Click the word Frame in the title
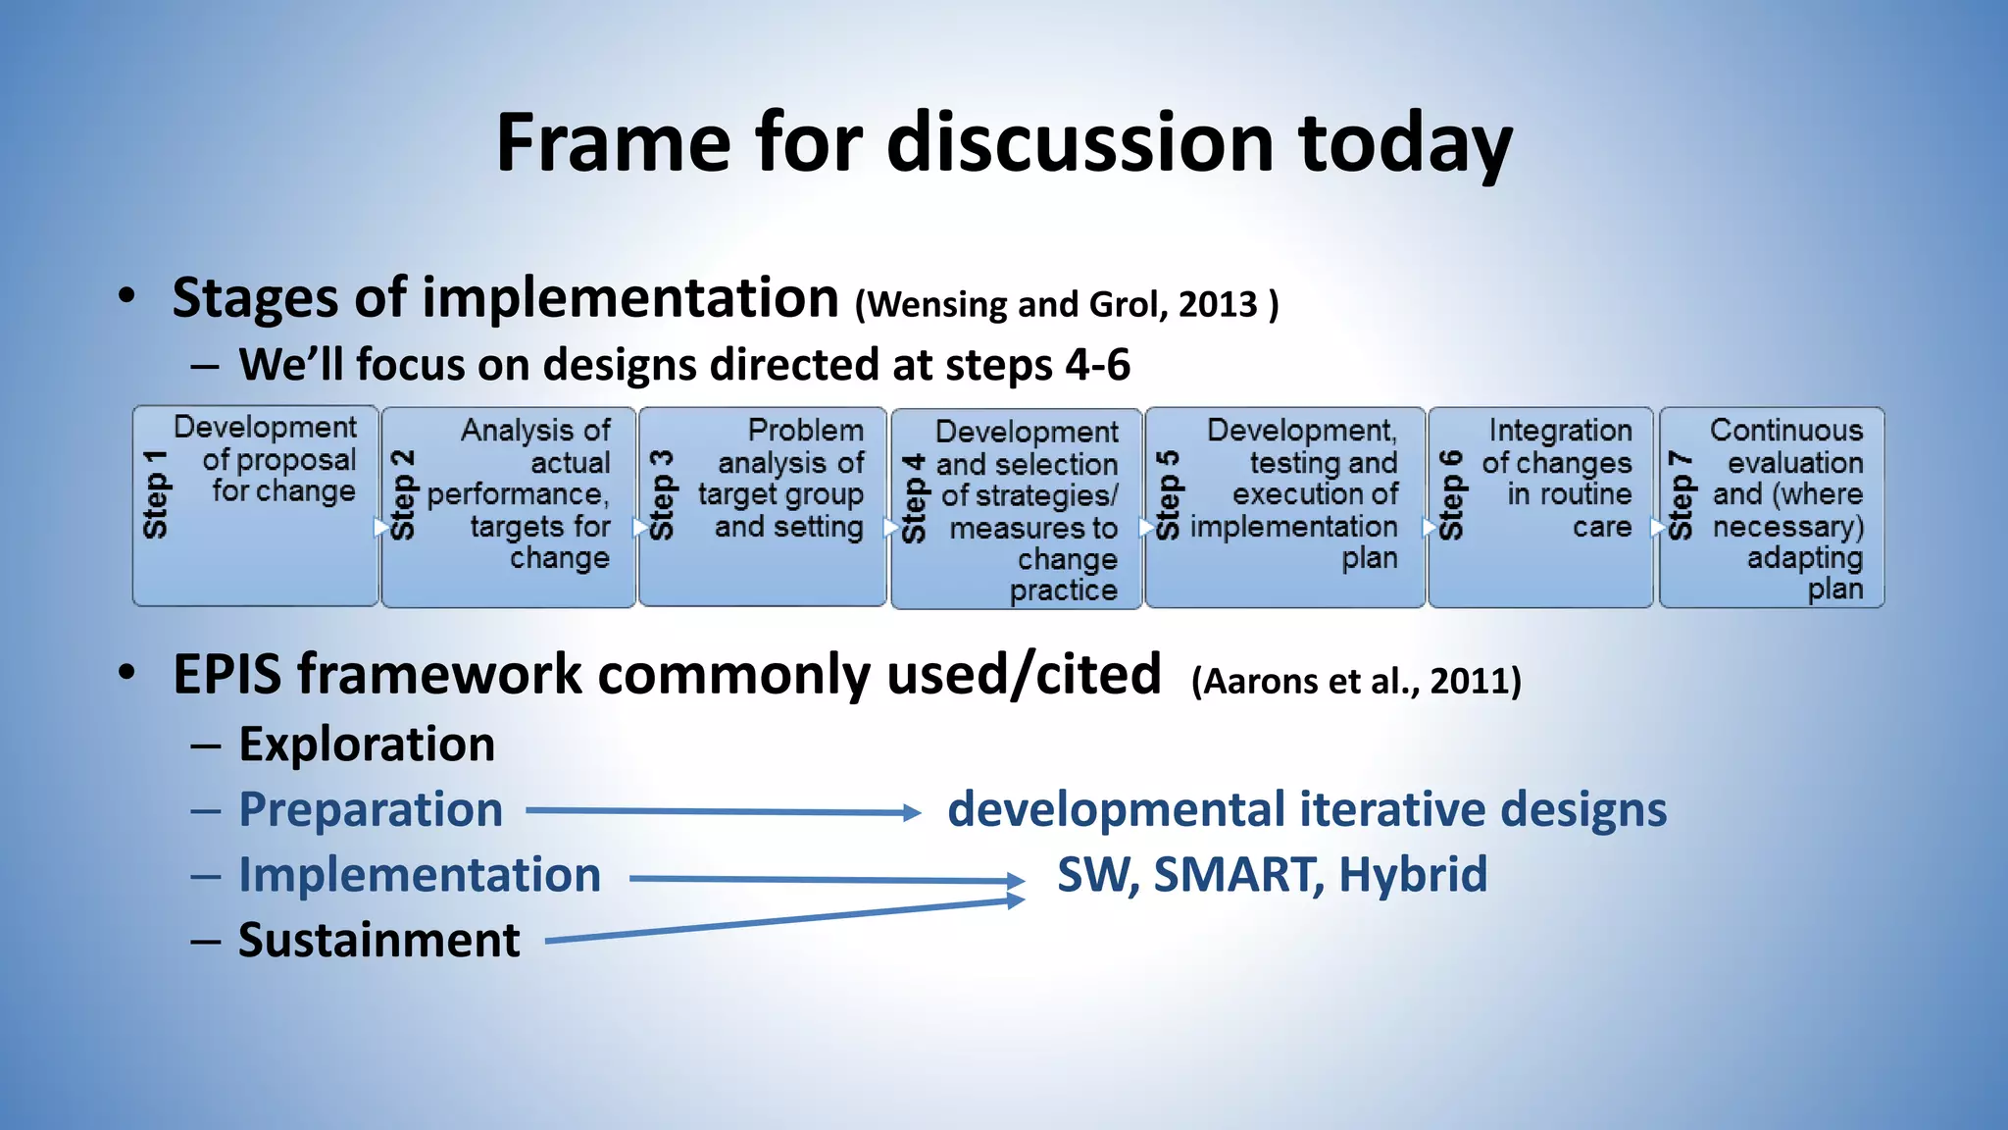(614, 144)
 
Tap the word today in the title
(1405, 144)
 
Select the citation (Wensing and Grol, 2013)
(1067, 305)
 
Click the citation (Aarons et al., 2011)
(1356, 681)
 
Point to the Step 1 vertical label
(155, 494)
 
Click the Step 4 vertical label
(914, 498)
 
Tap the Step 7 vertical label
(1681, 495)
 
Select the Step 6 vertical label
(1451, 495)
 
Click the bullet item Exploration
(367, 745)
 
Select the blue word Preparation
(371, 810)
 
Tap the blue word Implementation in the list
(420, 875)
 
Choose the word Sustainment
(378, 941)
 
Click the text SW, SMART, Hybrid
(1272, 875)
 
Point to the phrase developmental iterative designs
(1306, 810)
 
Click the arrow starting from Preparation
(723, 811)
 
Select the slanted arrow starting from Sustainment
(784, 921)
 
